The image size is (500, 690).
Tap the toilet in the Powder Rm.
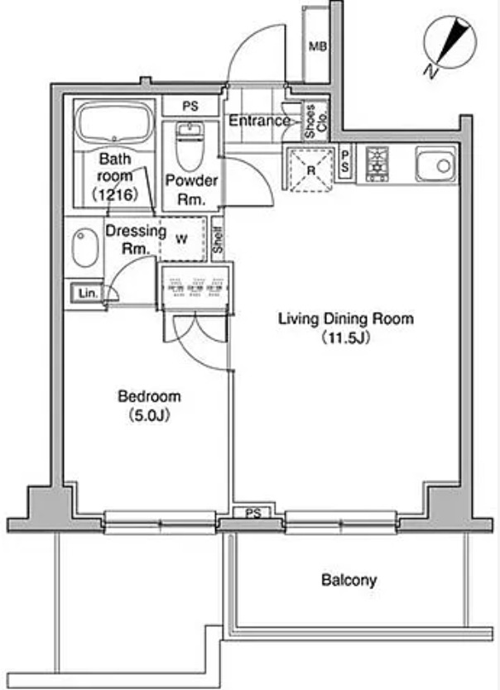(x=190, y=146)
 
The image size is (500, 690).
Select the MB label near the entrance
(x=317, y=46)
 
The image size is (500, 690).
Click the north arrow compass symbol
(x=450, y=43)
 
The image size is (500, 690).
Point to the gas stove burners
(x=377, y=164)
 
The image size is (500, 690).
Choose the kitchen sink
(x=436, y=165)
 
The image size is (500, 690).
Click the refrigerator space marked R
(x=310, y=170)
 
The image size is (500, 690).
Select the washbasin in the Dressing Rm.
(x=85, y=247)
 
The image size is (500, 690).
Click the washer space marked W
(x=182, y=239)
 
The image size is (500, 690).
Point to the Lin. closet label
(x=88, y=293)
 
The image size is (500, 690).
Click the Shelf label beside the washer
(x=218, y=239)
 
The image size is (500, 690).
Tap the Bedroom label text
(x=150, y=396)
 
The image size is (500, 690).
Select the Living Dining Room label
(x=346, y=319)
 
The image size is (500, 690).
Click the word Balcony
(x=349, y=580)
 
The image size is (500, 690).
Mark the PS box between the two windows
(x=253, y=512)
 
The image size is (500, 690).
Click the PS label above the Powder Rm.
(x=190, y=106)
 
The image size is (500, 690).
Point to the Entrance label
(x=260, y=121)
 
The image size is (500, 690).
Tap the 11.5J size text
(x=346, y=338)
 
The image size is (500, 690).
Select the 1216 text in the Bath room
(x=115, y=194)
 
